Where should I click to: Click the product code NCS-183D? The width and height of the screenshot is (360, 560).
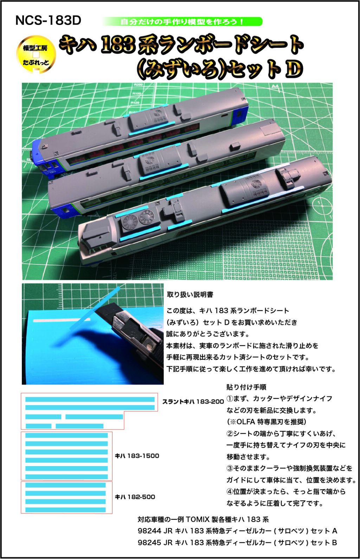coord(48,21)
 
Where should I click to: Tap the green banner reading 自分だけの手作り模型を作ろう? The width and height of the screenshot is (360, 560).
coord(182,22)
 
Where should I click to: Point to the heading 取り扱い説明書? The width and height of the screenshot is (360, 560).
coord(190,295)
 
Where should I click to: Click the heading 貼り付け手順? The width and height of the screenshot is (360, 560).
coord(246,387)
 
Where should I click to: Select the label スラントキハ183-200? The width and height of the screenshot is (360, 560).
coord(193,402)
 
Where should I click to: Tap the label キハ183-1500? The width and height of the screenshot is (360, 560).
coord(137,456)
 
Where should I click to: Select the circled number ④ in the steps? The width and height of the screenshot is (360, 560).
coord(230,492)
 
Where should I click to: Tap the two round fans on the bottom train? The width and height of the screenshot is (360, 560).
coord(137,219)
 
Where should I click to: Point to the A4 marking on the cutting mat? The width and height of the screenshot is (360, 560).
coord(275,86)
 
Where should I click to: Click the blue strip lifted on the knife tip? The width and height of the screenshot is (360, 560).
coord(95,308)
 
